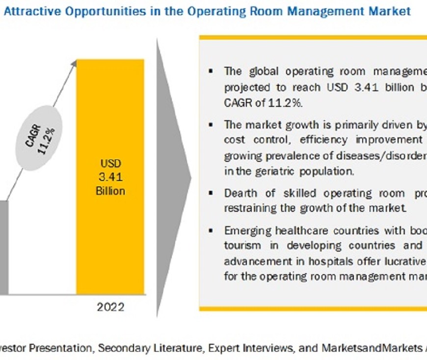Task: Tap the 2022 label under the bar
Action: pyautogui.click(x=110, y=308)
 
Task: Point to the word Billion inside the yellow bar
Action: pyautogui.click(x=110, y=190)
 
